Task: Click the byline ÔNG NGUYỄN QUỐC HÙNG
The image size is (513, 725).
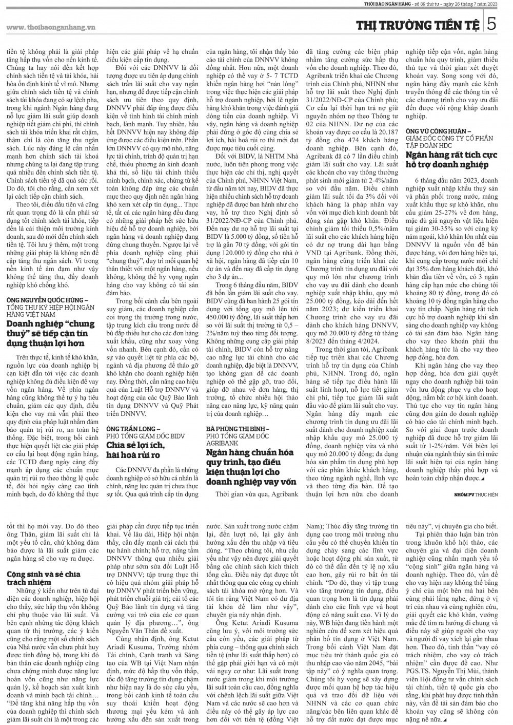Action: pyautogui.click(x=47, y=299)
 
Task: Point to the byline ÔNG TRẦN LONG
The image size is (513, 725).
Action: pyautogui.click(x=133, y=428)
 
